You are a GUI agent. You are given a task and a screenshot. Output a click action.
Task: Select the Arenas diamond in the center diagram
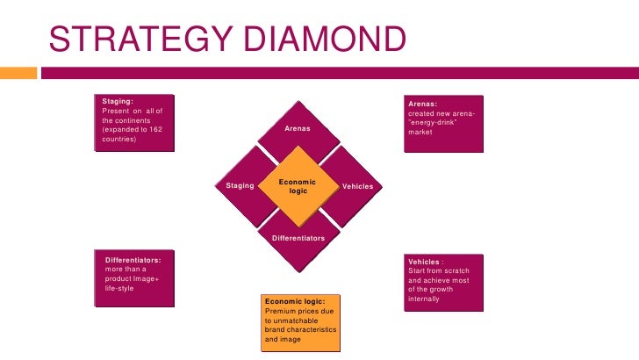pyautogui.click(x=297, y=129)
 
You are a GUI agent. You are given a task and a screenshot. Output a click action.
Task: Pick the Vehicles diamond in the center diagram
pyautogui.click(x=356, y=186)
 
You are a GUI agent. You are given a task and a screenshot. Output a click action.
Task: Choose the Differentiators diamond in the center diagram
pyautogui.click(x=297, y=238)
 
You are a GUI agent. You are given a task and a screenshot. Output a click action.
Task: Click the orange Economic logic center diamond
pyautogui.click(x=297, y=186)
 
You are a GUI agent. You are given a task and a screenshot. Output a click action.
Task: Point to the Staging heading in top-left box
pyautogui.click(x=118, y=102)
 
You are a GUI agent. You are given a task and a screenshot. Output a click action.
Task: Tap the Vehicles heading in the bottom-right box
pyautogui.click(x=426, y=261)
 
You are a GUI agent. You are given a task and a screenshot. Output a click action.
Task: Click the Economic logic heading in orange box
pyautogui.click(x=294, y=301)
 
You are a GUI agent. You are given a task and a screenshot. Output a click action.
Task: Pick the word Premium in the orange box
pyautogui.click(x=280, y=311)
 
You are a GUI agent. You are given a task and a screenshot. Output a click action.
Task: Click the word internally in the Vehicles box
pyautogui.click(x=424, y=299)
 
